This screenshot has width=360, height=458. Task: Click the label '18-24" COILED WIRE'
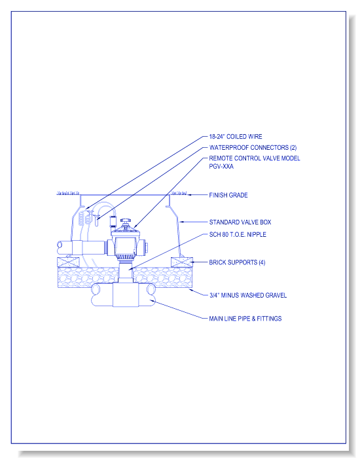pyautogui.click(x=236, y=136)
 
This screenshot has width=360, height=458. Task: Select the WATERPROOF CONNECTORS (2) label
pyautogui.click(x=253, y=147)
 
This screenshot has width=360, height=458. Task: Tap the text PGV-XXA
pyautogui.click(x=221, y=166)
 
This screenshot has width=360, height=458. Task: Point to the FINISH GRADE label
pyautogui.click(x=228, y=195)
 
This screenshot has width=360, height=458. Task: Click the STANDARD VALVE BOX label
pyautogui.click(x=240, y=222)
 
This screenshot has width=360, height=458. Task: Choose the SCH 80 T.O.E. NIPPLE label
pyautogui.click(x=238, y=234)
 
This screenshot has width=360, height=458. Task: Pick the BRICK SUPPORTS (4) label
pyautogui.click(x=237, y=262)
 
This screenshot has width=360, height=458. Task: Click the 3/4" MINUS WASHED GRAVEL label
pyautogui.click(x=248, y=295)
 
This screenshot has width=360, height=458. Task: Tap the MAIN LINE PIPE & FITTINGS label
pyautogui.click(x=245, y=319)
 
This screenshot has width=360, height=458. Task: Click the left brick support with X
pyautogui.click(x=68, y=262)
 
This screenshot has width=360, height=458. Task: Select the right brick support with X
pyautogui.click(x=182, y=262)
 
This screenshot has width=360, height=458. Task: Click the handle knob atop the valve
pyautogui.click(x=126, y=220)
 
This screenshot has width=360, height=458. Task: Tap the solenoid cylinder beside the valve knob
pyautogui.click(x=113, y=222)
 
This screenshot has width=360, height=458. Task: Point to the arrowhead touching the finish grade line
pyautogui.click(x=189, y=195)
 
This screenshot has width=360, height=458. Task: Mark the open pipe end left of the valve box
pyautogui.click(x=60, y=248)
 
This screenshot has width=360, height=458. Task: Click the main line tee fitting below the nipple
pyautogui.click(x=126, y=294)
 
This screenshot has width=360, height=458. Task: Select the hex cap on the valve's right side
pyautogui.click(x=145, y=247)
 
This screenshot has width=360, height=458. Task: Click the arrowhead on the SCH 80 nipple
pyautogui.click(x=131, y=268)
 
